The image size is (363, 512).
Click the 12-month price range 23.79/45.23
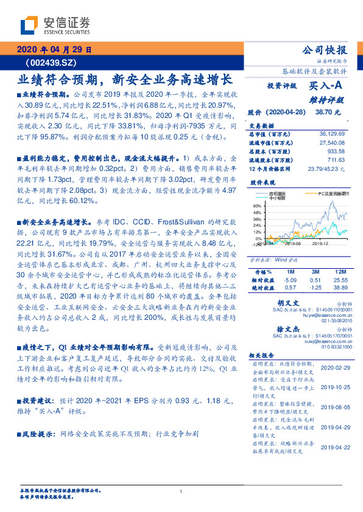pos(326,168)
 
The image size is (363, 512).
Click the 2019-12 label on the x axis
pos(321,243)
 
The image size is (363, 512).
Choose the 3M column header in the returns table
pos(315,271)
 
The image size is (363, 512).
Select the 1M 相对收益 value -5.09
pos(290,279)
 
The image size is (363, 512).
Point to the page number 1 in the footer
pos(181,491)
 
